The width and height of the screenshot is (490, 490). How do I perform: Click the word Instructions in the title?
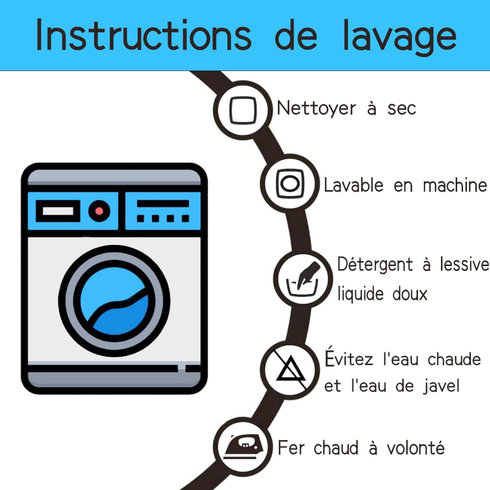pos(144,35)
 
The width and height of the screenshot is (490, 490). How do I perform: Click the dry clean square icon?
pos(243,110)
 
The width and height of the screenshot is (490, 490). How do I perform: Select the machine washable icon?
pos(290,184)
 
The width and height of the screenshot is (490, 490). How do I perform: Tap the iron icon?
pos(243,446)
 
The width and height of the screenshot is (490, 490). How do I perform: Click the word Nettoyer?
pos(316,108)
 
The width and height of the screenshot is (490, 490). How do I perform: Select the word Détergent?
pos(375,264)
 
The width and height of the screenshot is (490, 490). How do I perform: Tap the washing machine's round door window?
pos(114,301)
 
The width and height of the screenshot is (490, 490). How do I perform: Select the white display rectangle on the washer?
pos(58,211)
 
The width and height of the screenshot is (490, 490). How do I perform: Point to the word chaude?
pos(454,359)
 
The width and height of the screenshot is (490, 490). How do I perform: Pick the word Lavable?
pos(353,185)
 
